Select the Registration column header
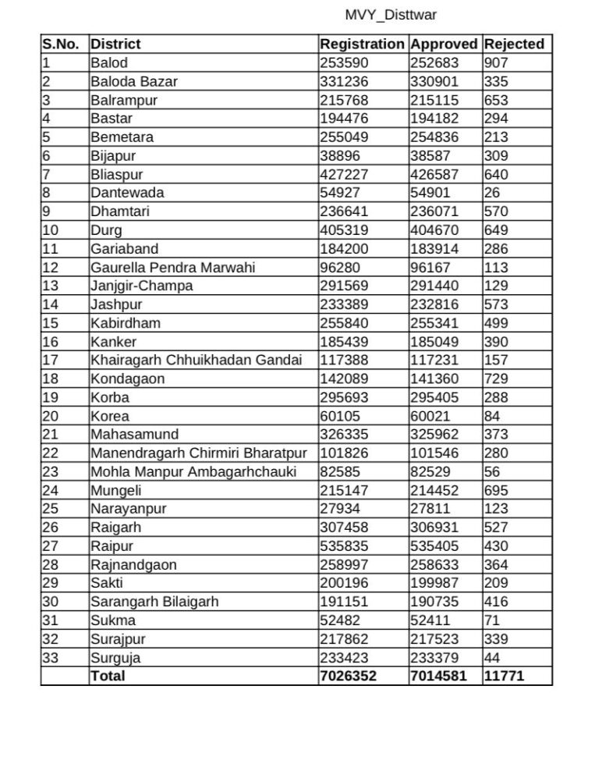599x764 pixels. click(362, 44)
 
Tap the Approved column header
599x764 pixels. click(445, 44)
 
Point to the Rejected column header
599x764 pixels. click(514, 44)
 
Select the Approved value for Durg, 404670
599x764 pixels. click(434, 230)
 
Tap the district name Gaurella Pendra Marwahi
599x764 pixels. click(172, 268)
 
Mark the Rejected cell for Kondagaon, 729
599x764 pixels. click(495, 378)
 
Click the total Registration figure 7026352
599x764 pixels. click(348, 676)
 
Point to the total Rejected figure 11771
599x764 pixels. click(504, 676)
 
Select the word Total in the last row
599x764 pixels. click(108, 676)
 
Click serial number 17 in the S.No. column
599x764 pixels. click(50, 361)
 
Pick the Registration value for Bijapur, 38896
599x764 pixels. click(340, 156)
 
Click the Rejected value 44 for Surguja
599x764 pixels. click(492, 657)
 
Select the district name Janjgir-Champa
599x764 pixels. click(141, 286)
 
